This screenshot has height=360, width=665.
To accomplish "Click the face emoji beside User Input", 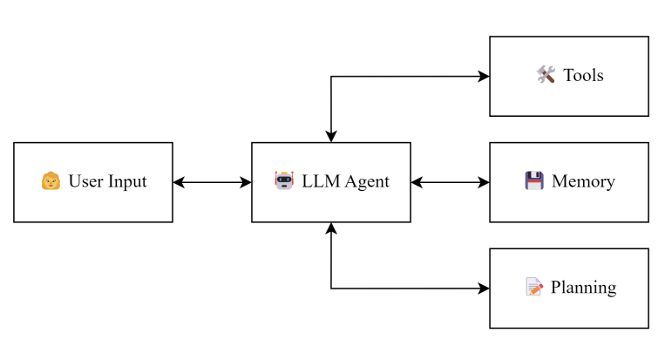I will [51, 181].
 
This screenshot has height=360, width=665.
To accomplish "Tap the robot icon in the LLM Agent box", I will [284, 181].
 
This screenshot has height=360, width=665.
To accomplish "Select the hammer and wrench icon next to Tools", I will [546, 75].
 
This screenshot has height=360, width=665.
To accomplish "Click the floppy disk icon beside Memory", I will [534, 181].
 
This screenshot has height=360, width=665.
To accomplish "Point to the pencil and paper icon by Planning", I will [534, 287].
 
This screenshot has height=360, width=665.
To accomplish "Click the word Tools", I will [583, 75].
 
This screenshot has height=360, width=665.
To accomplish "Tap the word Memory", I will [583, 181].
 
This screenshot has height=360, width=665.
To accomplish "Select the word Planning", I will [583, 287].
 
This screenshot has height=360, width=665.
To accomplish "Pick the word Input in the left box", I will [127, 181].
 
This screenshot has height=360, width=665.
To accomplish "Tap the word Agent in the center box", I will [366, 181].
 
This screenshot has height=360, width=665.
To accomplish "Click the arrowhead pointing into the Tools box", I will [484, 76].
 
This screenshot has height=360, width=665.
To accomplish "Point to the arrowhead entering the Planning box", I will [484, 288].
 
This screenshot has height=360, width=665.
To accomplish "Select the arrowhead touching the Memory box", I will [484, 182].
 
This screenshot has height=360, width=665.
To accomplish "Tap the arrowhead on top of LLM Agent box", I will [331, 137].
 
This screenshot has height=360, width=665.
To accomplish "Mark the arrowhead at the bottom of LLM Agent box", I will [331, 228].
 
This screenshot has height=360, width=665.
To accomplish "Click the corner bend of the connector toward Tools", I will [331, 76].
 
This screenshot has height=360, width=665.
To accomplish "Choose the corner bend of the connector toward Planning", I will [331, 288].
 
